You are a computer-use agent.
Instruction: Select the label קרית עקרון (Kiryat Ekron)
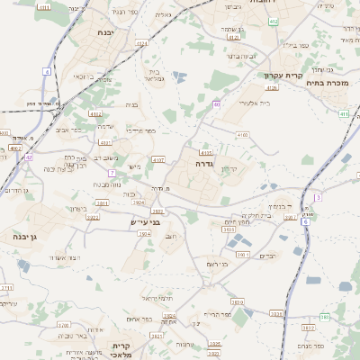tap(281, 76)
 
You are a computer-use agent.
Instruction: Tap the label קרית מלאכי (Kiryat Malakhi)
tap(122, 349)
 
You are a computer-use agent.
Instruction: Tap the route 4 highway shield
tap(47, 70)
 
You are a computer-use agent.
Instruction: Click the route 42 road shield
tap(29, 157)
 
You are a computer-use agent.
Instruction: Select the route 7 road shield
tap(112, 172)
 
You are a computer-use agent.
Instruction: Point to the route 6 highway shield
tap(304, 220)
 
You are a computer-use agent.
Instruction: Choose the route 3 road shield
tap(318, 196)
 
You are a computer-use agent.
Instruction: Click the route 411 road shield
tap(344, 114)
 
